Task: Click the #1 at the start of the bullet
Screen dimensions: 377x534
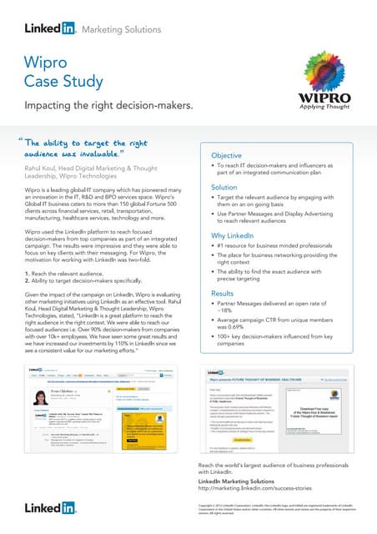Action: [220, 249]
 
